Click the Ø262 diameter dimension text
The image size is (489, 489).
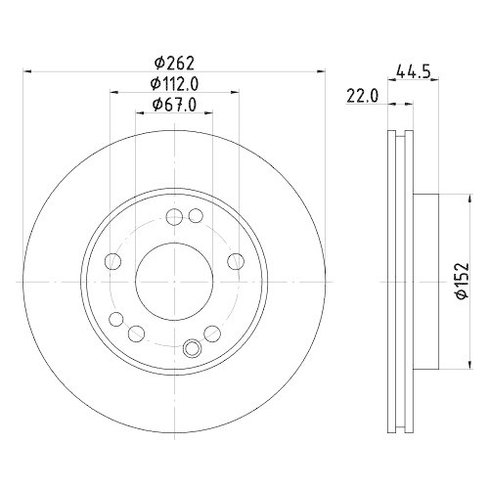pyautogui.click(x=173, y=60)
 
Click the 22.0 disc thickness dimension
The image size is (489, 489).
pyautogui.click(x=363, y=94)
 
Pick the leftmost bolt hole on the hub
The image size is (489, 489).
pyautogui.click(x=112, y=261)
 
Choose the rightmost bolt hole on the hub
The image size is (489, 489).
pyautogui.click(x=236, y=261)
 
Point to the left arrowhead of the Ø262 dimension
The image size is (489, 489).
pyautogui.click(x=27, y=69)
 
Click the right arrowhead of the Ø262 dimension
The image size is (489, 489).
pyautogui.click(x=320, y=69)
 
